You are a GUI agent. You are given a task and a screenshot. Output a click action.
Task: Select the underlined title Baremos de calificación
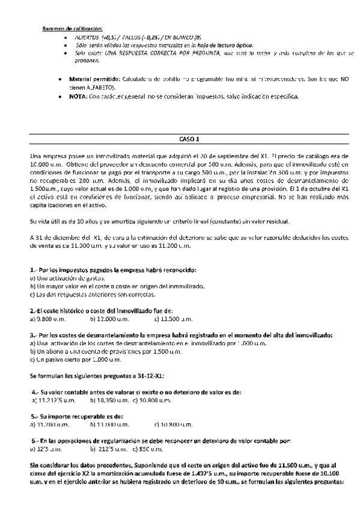point(73,28)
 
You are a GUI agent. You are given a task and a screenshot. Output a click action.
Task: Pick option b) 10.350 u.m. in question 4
point(109,399)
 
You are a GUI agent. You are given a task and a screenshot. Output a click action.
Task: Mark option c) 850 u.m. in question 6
point(147,448)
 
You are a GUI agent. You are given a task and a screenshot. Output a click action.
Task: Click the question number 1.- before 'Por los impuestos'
point(34,270)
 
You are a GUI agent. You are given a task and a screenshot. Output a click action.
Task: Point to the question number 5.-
point(35,416)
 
